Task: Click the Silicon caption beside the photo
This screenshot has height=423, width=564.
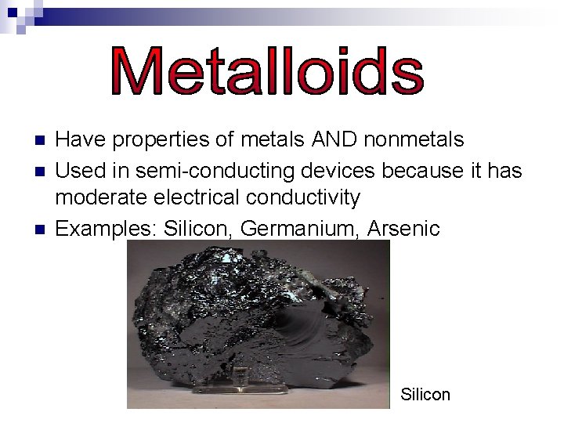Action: coord(425,395)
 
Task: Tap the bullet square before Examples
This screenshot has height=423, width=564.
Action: coord(41,230)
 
